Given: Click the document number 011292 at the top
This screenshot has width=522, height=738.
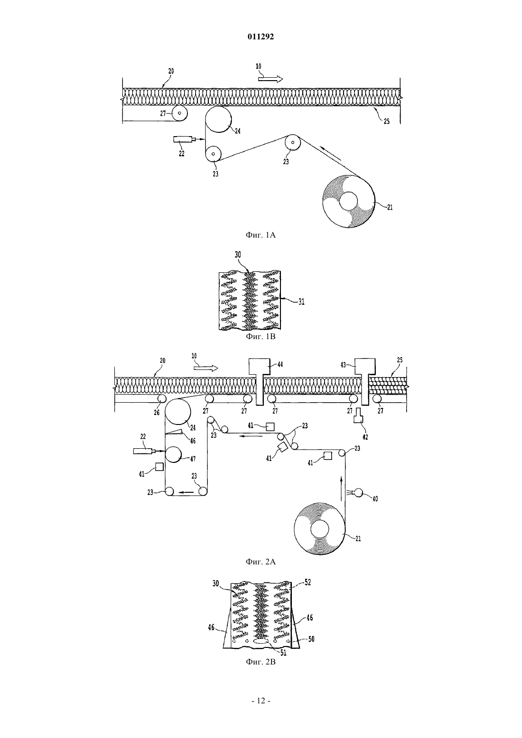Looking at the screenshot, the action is tap(261, 37).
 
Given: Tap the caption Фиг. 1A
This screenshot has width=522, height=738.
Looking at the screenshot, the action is tap(261, 235).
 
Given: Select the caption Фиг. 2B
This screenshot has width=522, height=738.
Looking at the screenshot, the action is tap(261, 662).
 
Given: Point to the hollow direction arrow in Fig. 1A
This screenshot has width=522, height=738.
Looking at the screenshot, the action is tap(270, 79).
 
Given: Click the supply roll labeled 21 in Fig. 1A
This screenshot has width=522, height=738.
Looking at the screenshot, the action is tap(349, 201).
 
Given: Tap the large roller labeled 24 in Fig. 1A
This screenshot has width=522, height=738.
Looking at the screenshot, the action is tap(218, 119).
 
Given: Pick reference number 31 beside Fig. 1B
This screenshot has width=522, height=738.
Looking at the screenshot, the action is tap(301, 302).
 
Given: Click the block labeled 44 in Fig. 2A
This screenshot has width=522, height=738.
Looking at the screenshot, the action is tap(259, 382).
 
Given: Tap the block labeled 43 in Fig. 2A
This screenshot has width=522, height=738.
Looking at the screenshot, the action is tap(365, 382).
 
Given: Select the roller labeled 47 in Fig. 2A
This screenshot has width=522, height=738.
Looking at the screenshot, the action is tap(173, 455).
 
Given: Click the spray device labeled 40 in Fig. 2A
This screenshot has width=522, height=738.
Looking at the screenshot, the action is tap(356, 492).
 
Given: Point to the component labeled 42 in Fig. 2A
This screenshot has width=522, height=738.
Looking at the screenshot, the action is tap(358, 415).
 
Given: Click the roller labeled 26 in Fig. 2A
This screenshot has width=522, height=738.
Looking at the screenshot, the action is tap(161, 398).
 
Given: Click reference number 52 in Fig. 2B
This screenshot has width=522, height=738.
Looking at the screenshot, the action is tap(307, 582).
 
